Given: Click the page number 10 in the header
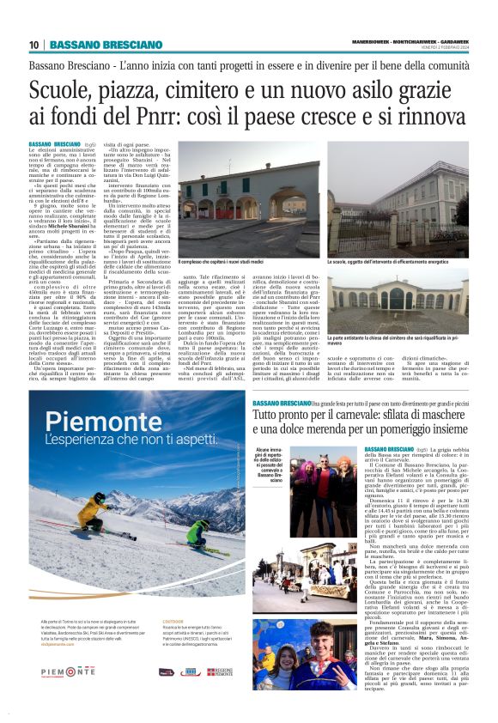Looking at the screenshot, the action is (x=33, y=45).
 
